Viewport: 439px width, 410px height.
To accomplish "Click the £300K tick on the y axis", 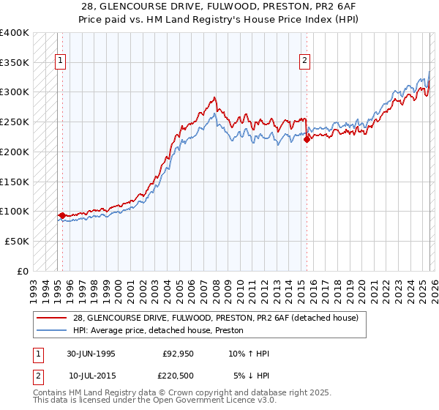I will [x=15, y=92].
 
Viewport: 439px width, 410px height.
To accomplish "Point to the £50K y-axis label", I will [x=17, y=241].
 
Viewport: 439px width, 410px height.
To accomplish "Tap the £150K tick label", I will [x=15, y=182].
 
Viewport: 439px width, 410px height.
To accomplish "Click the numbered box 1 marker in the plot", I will [x=60, y=61].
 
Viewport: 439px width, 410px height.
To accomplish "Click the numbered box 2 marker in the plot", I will [x=304, y=61].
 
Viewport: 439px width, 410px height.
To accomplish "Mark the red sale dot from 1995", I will [x=63, y=215].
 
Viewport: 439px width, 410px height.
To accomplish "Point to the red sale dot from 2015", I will [x=307, y=140].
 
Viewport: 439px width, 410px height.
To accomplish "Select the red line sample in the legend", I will [x=52, y=318].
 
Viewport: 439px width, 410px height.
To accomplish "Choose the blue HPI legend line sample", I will [x=52, y=330].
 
